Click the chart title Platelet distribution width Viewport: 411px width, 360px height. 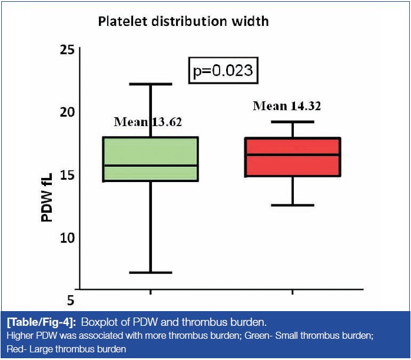(183, 22)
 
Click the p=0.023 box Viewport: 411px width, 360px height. (223, 71)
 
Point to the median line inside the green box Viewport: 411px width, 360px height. (150, 166)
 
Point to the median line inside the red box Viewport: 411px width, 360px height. (293, 154)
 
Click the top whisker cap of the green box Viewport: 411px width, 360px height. (150, 84)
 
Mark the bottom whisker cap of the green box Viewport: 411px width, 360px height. (150, 272)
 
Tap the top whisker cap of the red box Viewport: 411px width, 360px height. (293, 122)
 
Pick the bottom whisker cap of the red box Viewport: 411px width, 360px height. (293, 205)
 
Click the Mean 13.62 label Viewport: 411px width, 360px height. (148, 123)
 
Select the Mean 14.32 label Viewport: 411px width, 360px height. (287, 107)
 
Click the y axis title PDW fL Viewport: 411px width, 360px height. (47, 197)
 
